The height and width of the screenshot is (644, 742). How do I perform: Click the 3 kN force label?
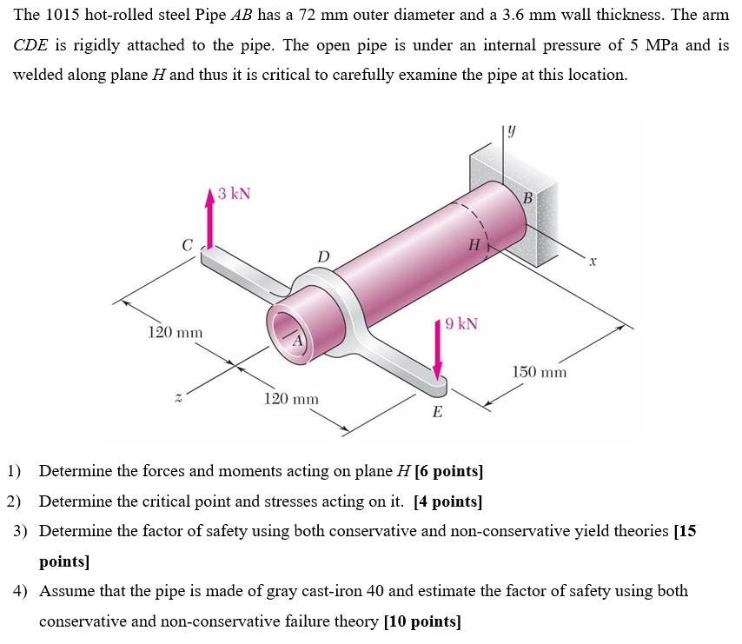click(x=234, y=193)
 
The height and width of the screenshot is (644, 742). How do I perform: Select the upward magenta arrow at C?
click(x=209, y=217)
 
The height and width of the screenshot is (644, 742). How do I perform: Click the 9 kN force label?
click(x=460, y=324)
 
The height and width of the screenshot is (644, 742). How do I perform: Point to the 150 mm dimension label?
click(x=539, y=372)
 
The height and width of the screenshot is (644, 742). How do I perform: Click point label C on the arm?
click(x=187, y=246)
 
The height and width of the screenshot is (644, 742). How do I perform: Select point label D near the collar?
click(x=323, y=256)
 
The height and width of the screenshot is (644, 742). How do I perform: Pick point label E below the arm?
click(x=436, y=412)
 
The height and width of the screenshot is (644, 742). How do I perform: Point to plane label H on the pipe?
click(x=474, y=245)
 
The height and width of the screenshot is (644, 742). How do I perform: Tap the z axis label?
click(x=178, y=397)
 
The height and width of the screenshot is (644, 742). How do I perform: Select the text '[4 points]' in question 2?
click(x=448, y=501)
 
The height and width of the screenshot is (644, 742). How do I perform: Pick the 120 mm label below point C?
click(x=175, y=333)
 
